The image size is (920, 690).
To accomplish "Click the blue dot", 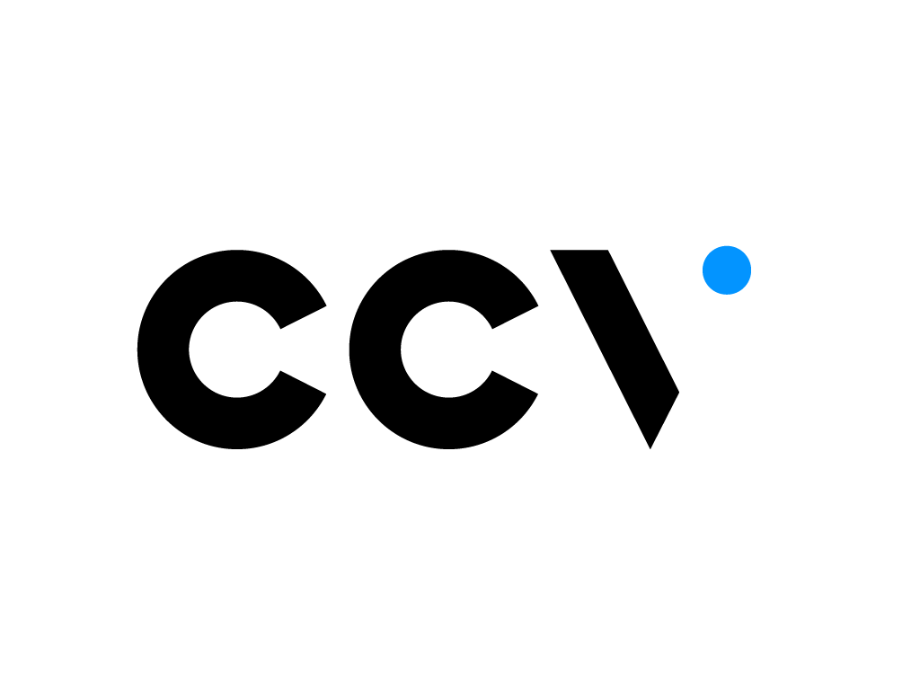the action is [726, 270].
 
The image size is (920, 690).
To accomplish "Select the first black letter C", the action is [164, 349].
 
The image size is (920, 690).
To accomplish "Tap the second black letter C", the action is [376, 349].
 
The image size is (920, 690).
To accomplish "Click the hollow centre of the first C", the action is [235, 349].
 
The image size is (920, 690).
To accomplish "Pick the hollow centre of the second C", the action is [447, 349].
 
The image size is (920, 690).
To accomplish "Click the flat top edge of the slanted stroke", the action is [579, 252].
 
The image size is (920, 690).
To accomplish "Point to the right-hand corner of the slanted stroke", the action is [677, 392].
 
